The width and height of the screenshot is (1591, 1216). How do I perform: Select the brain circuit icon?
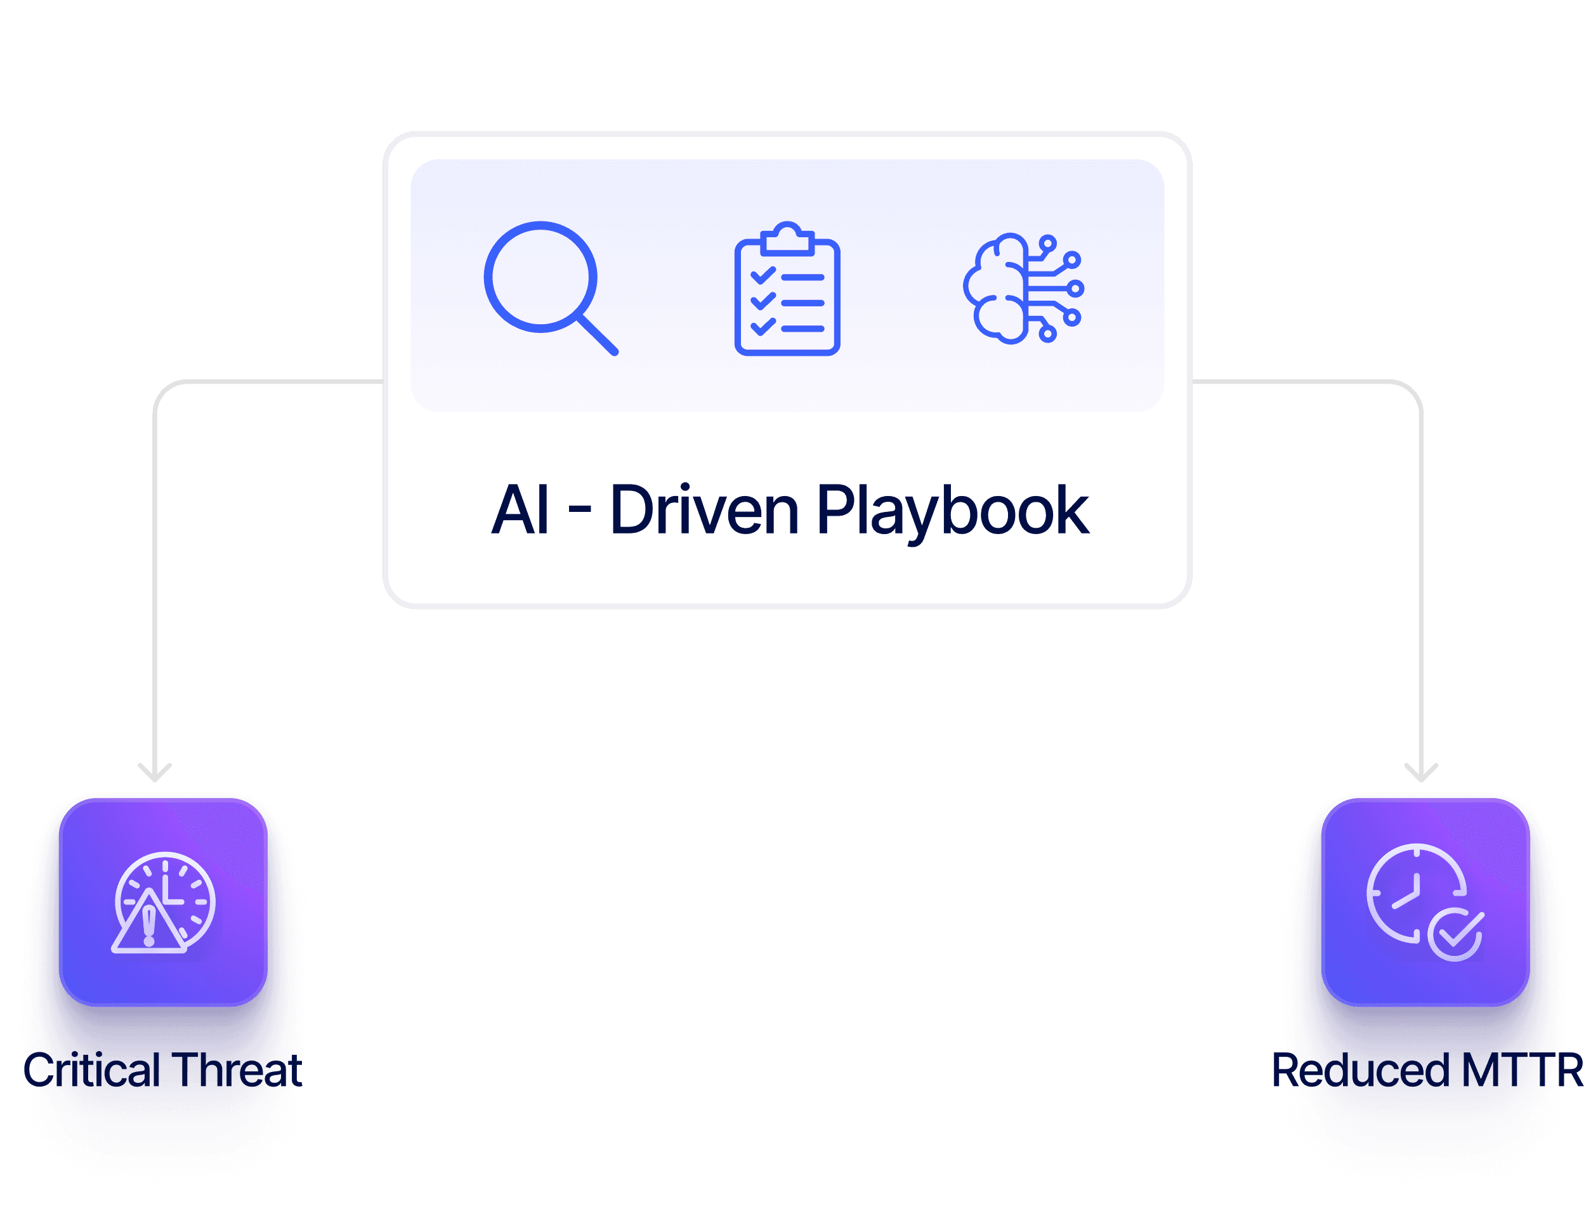[1023, 287]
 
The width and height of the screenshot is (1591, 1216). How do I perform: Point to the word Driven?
[704, 510]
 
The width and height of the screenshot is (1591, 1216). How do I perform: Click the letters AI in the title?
[520, 510]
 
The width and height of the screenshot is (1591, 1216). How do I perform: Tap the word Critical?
[92, 1070]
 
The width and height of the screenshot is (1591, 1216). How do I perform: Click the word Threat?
[237, 1070]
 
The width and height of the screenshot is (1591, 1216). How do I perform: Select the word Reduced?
[1361, 1071]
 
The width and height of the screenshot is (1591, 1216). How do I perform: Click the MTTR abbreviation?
[1521, 1071]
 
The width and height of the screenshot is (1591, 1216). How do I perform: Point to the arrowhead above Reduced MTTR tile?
[1421, 773]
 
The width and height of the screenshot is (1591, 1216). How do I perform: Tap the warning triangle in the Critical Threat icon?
[149, 925]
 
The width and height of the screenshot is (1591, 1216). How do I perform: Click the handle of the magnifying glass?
[598, 334]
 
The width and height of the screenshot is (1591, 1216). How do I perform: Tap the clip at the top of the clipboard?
[787, 237]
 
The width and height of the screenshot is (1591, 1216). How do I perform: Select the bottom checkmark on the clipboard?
[763, 327]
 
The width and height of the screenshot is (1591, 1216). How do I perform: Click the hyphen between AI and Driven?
[579, 512]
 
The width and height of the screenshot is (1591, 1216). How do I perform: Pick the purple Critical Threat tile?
[164, 902]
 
